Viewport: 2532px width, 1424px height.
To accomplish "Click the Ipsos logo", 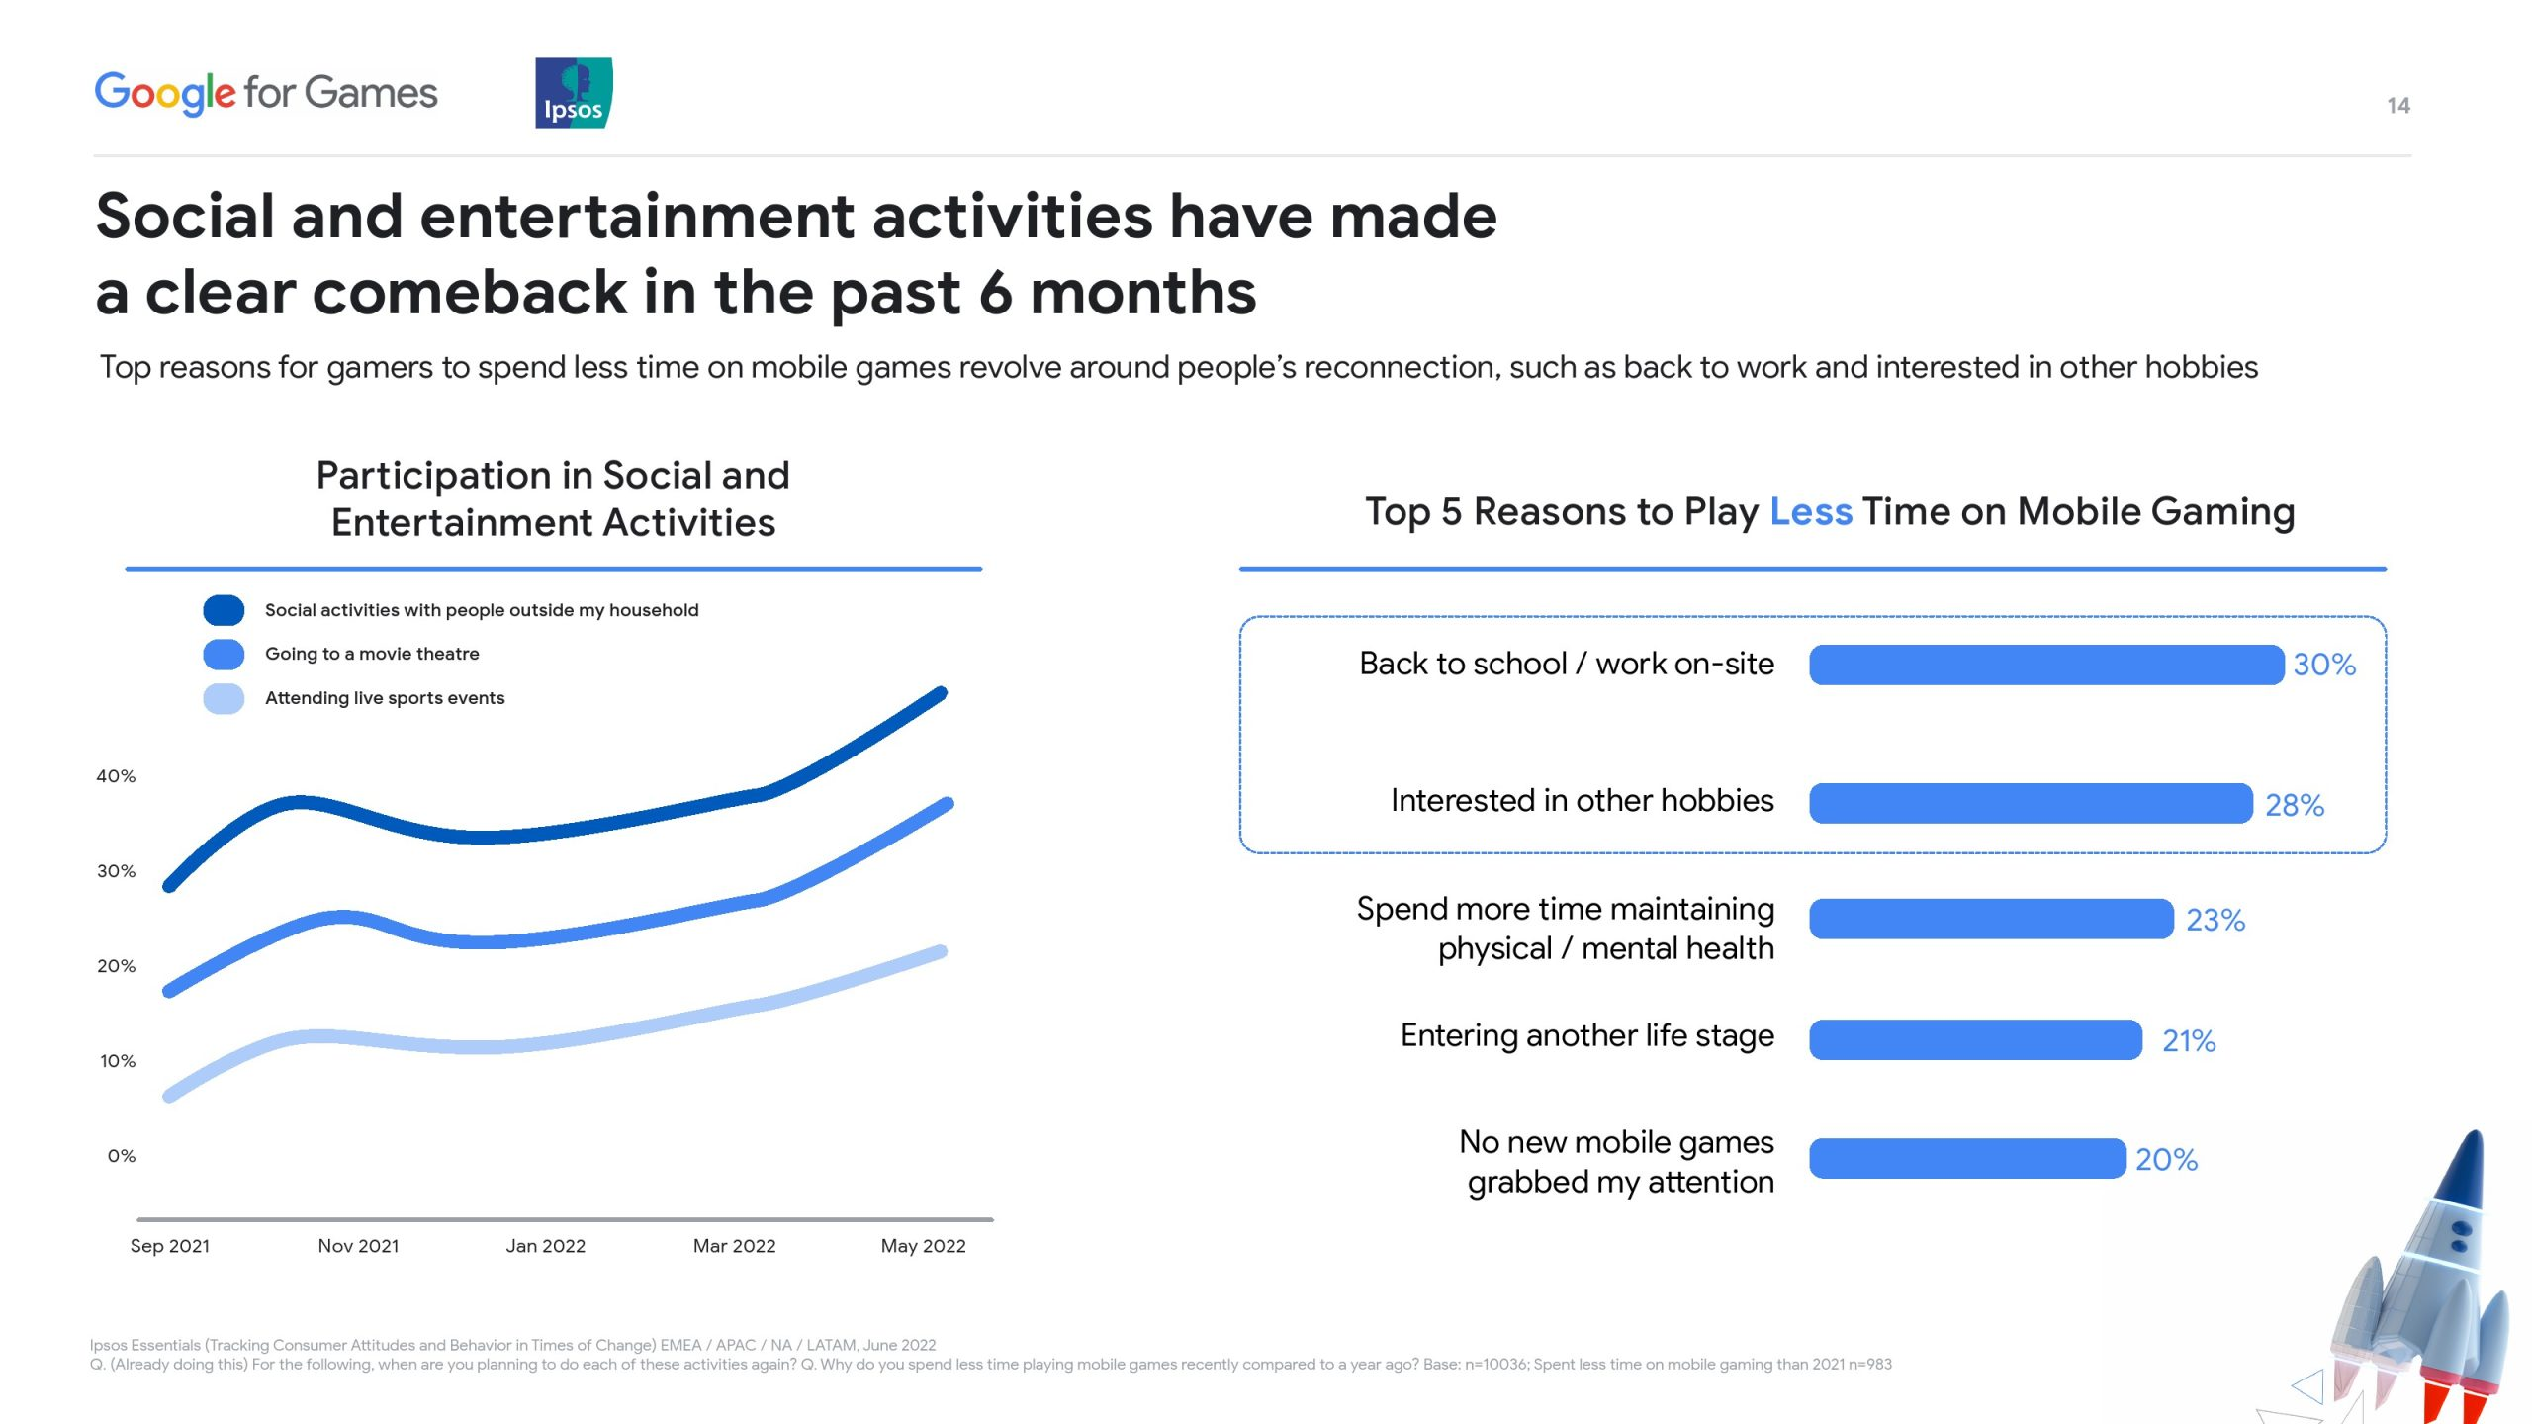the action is [x=574, y=93].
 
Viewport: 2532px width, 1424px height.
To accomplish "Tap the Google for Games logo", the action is [x=266, y=93].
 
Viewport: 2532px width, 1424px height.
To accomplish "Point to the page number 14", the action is [x=2398, y=106].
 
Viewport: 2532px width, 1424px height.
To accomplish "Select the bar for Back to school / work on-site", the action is [x=2046, y=665].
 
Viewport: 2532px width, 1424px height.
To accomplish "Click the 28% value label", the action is [x=2295, y=805].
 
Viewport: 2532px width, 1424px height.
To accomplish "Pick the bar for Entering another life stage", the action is [x=1976, y=1039].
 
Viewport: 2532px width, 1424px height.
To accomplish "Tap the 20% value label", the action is [x=2166, y=1159].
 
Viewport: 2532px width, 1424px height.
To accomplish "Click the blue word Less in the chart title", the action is [x=1811, y=512].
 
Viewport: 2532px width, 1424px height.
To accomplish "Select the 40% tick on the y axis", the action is [x=116, y=776].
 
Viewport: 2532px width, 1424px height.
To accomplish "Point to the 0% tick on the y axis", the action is [x=122, y=1156].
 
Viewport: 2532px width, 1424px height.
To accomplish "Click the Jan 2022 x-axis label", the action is [x=546, y=1246].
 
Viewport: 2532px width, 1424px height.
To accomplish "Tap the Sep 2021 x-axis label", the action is [x=170, y=1246].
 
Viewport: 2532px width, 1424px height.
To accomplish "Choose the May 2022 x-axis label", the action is [x=924, y=1246].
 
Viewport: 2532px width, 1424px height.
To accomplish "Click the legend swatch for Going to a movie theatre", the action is [x=224, y=654].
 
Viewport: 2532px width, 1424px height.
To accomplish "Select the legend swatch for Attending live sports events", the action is [x=224, y=698].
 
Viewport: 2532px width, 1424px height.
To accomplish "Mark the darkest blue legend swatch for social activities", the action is [x=224, y=610].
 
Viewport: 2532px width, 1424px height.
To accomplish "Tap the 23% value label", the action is [x=2215, y=921].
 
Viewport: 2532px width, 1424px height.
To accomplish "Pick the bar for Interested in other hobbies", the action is [x=2032, y=803].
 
